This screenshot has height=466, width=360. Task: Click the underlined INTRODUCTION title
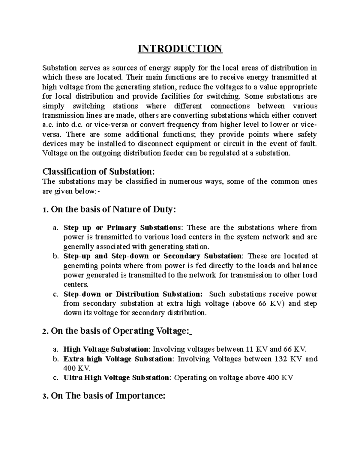click(x=180, y=48)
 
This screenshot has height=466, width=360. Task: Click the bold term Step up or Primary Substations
click(x=122, y=227)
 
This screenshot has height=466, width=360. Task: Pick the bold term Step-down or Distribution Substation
click(x=133, y=294)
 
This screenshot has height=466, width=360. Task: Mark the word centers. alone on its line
click(x=76, y=284)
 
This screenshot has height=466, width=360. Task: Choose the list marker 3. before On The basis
click(x=45, y=396)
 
